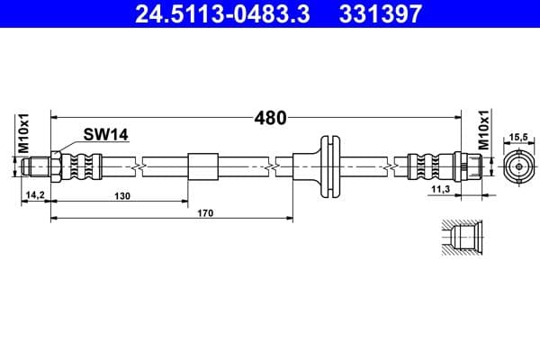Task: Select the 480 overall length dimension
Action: point(270,117)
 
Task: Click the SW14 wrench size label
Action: point(107,134)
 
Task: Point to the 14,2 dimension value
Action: point(35,194)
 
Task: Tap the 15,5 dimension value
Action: point(518,138)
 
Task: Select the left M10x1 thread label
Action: point(25,133)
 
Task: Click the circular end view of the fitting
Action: point(518,166)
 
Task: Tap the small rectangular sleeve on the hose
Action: point(202,166)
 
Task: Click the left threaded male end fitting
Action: point(41,166)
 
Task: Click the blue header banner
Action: point(270,14)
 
